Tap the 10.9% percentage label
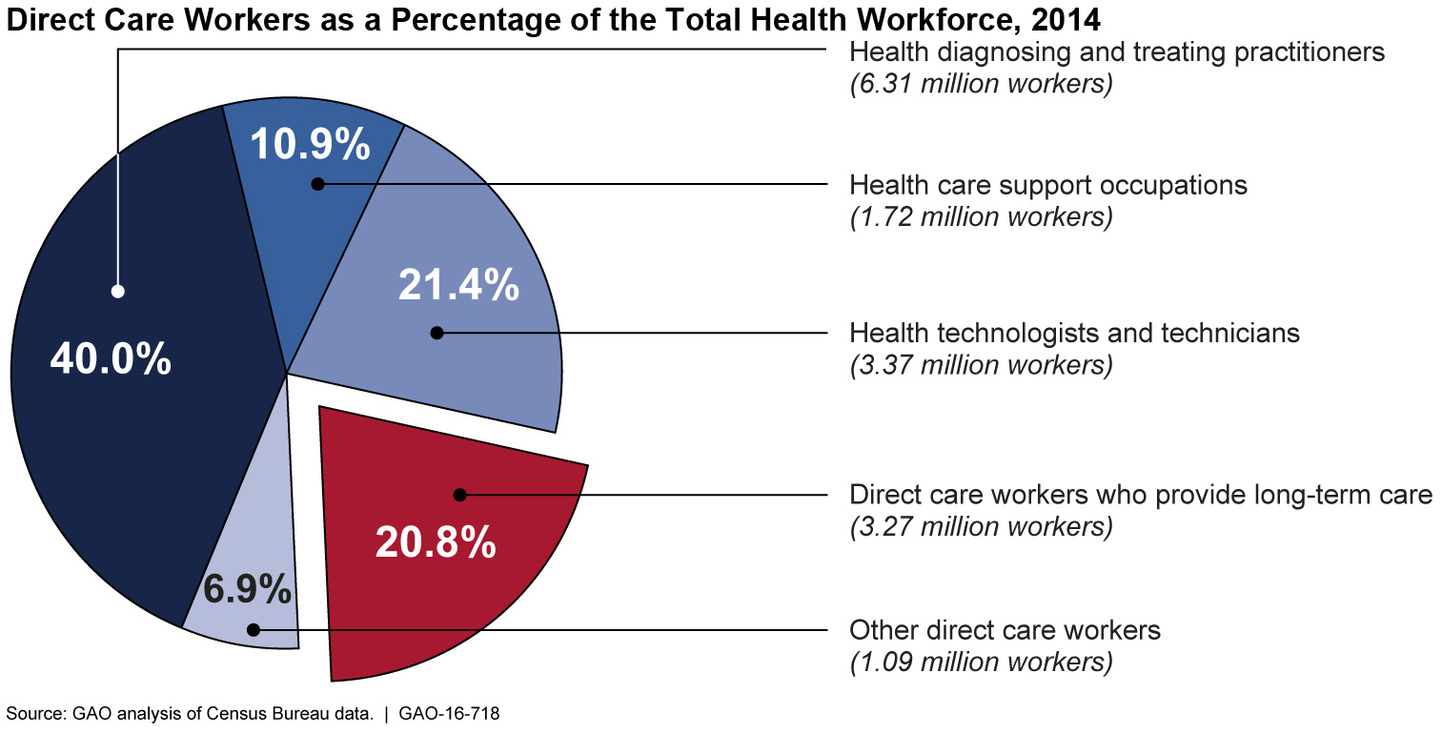310,144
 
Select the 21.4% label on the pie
458,285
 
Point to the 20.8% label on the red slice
436,541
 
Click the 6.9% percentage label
248,590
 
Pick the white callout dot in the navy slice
118,292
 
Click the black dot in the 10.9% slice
318,183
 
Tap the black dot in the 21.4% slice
437,333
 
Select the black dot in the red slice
459,495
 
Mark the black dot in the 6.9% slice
253,629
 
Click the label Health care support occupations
1048,184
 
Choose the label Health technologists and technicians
1075,333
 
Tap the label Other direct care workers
1005,630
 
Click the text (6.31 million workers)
981,84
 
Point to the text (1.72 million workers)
981,216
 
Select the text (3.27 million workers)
981,526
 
